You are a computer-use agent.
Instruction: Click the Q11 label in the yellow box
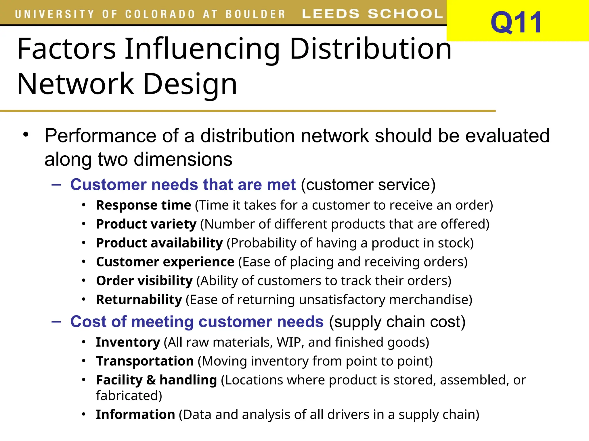click(x=517, y=22)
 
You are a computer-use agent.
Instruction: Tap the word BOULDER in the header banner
click(x=255, y=14)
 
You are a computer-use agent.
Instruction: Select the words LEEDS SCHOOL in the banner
click(x=372, y=14)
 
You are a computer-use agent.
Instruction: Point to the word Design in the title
click(x=190, y=84)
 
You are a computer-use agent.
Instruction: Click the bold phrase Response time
click(x=144, y=205)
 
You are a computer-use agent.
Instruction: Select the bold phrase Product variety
click(x=146, y=224)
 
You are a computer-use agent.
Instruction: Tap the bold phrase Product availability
click(x=159, y=243)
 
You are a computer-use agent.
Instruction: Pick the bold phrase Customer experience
click(x=165, y=262)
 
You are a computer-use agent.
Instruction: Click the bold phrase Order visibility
click(x=144, y=281)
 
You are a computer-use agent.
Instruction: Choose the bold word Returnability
click(x=139, y=300)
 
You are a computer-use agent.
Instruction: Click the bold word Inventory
click(x=128, y=342)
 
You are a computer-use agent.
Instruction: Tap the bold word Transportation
click(x=145, y=361)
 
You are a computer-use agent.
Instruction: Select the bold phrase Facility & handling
click(x=156, y=380)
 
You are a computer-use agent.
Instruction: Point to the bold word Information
click(x=135, y=415)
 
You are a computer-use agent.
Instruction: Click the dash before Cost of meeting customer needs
click(x=56, y=322)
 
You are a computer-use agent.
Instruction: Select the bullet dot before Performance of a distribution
click(x=26, y=134)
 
